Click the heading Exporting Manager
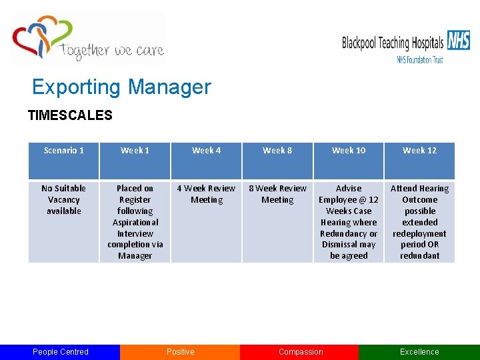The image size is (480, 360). click(121, 87)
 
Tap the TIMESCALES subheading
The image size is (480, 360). click(70, 115)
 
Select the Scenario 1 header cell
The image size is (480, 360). click(64, 151)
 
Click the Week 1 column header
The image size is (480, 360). click(135, 151)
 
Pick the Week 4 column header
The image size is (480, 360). click(207, 151)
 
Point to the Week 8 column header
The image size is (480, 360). click(277, 151)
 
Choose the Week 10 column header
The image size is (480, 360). click(349, 151)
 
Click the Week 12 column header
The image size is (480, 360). click(420, 151)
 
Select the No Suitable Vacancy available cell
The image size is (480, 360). click(64, 200)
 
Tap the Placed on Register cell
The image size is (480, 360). click(135, 222)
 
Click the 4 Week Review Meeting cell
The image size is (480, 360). click(207, 194)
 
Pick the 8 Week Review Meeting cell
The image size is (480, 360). click(277, 194)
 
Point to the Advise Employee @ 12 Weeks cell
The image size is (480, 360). click(349, 222)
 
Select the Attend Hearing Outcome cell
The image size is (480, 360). click(420, 222)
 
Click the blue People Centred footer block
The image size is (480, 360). click(60, 352)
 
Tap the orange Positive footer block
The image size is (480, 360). click(180, 352)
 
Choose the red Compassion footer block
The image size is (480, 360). click(300, 352)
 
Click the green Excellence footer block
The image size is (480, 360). click(419, 352)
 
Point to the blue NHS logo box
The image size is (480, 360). click(459, 41)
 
